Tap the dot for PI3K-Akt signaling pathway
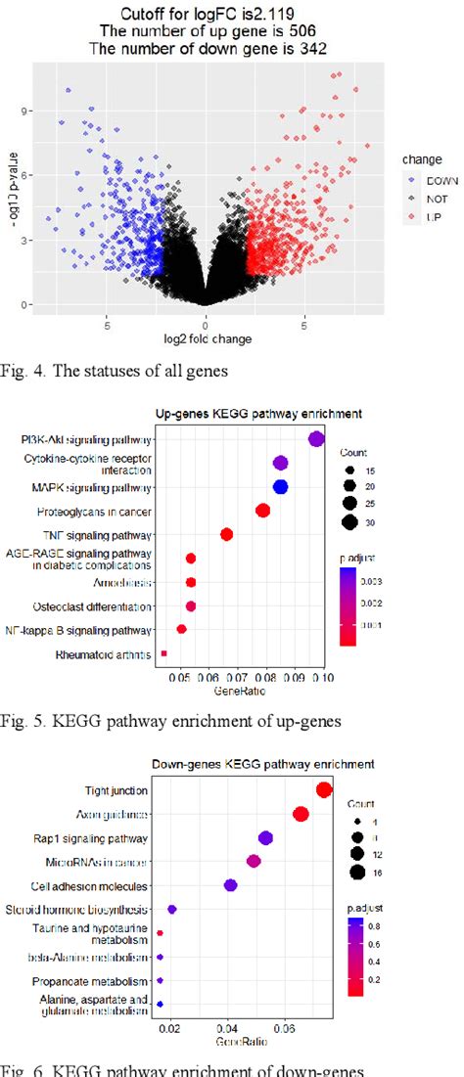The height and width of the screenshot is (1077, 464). (316, 439)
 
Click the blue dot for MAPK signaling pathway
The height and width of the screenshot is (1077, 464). (280, 486)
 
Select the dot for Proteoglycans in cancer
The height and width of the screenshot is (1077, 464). (262, 510)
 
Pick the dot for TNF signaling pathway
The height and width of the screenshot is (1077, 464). (226, 534)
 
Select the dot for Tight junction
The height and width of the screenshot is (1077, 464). (325, 790)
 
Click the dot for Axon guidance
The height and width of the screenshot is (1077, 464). (301, 814)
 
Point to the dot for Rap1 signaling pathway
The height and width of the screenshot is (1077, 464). (265, 837)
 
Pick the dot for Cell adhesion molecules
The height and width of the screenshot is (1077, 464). (231, 885)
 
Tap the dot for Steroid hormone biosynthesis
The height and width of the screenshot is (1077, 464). (172, 909)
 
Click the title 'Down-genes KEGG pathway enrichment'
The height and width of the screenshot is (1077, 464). (262, 764)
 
